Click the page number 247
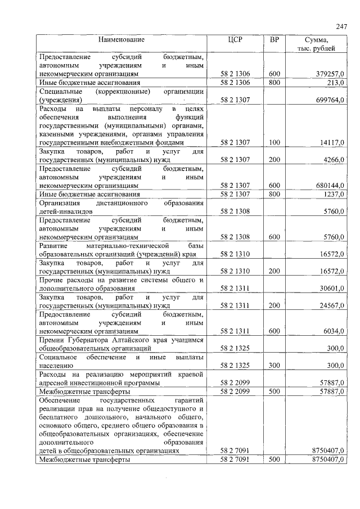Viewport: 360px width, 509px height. point(341,27)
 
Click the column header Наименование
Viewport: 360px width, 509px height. point(121,40)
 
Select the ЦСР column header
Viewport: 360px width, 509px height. point(235,40)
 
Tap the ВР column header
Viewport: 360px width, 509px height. point(274,40)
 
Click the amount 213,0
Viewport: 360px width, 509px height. point(336,83)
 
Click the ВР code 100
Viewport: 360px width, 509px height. point(274,143)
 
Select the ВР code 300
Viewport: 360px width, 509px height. point(274,366)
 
